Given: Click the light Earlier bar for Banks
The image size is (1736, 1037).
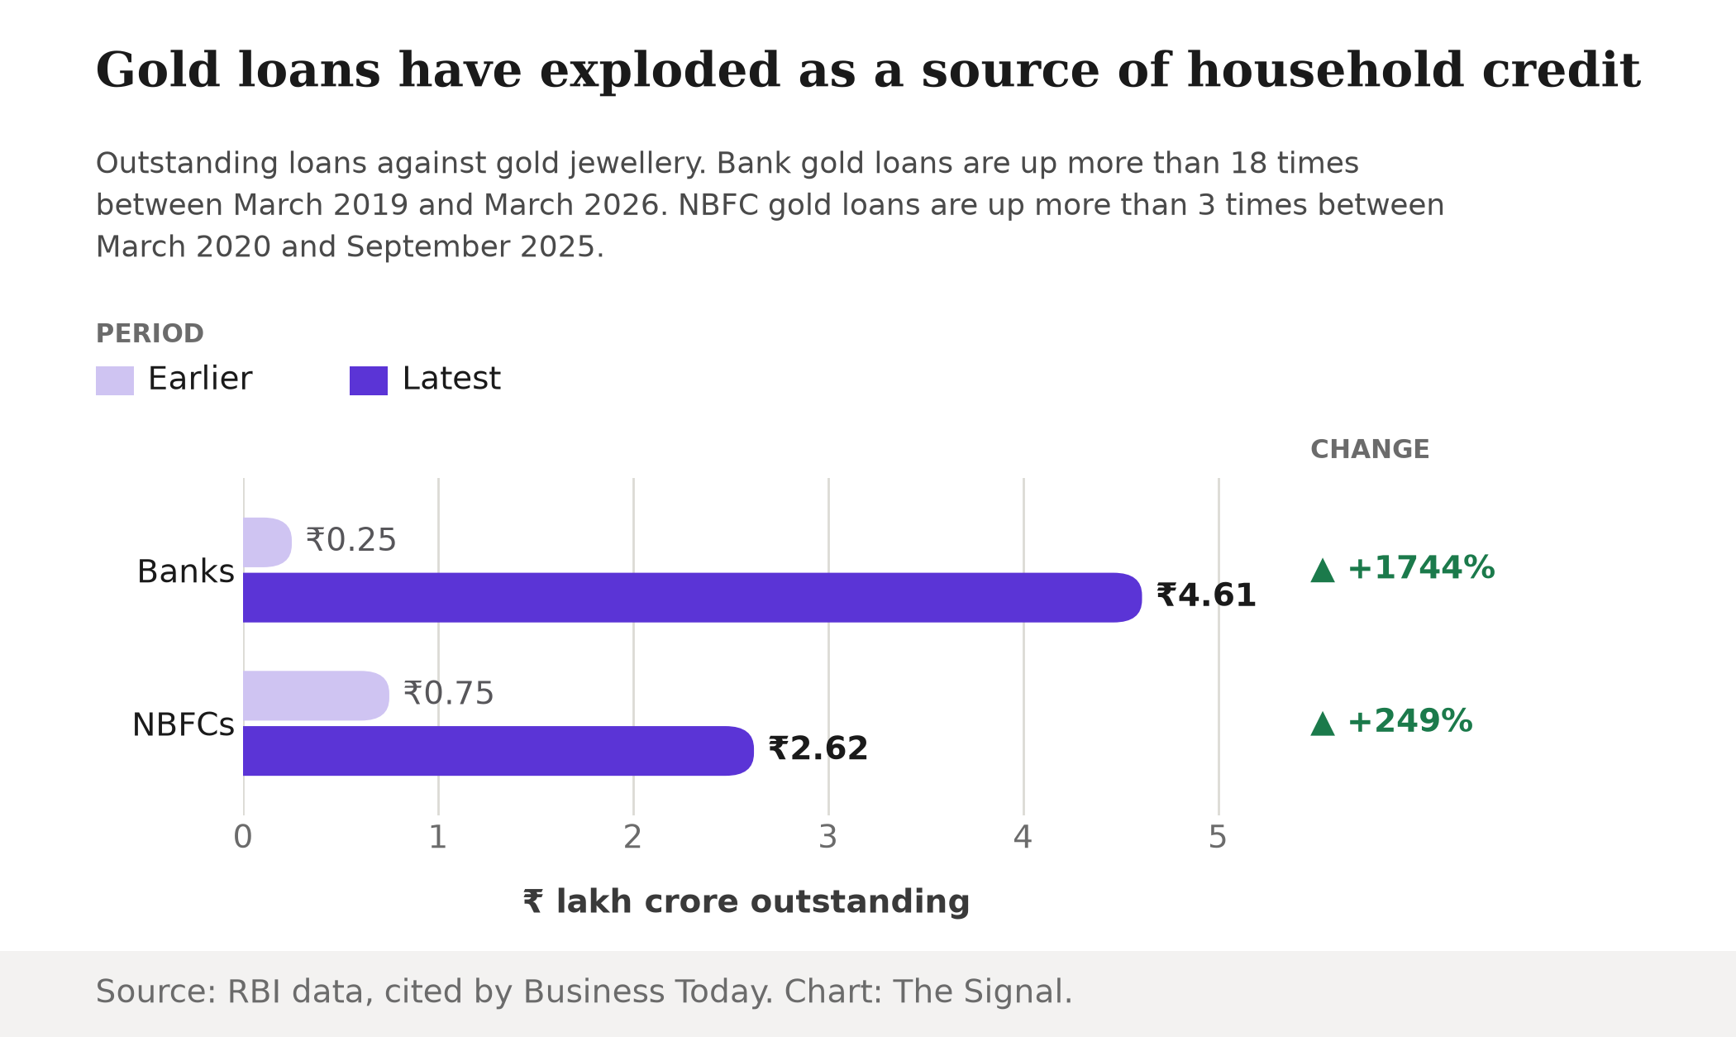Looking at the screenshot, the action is pyautogui.click(x=267, y=542).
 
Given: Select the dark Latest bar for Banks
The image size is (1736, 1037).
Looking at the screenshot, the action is pyautogui.click(x=692, y=597).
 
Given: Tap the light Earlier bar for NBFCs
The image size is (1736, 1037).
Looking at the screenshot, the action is pyautogui.click(x=316, y=695).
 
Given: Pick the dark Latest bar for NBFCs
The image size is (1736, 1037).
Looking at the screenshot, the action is pyautogui.click(x=498, y=751).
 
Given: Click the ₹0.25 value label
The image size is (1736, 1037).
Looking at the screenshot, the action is pyautogui.click(x=351, y=540).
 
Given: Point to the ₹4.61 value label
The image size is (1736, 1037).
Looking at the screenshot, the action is pyautogui.click(x=1206, y=595).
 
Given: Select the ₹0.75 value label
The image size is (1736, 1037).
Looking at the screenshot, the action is pyautogui.click(x=449, y=693).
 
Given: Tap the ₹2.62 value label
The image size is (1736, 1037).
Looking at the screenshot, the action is pyautogui.click(x=818, y=748).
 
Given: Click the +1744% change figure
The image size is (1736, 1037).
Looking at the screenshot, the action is pyautogui.click(x=1421, y=568).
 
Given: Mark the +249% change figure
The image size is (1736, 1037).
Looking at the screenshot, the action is pyautogui.click(x=1410, y=721).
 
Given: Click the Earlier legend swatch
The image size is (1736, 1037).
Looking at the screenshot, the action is pyautogui.click(x=115, y=380).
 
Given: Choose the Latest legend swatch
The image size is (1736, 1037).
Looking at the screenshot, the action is pyautogui.click(x=369, y=380).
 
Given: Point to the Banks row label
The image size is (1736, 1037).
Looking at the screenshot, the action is pyautogui.click(x=186, y=571).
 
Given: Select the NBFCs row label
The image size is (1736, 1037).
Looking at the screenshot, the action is pyautogui.click(x=184, y=725).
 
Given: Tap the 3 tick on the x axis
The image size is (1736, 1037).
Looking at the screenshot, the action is pyautogui.click(x=828, y=838).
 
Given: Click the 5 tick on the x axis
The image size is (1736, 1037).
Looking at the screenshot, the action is pyautogui.click(x=1218, y=838).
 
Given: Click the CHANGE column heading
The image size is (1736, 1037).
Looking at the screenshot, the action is pyautogui.click(x=1370, y=450).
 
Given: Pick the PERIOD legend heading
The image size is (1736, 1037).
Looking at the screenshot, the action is pyautogui.click(x=150, y=334).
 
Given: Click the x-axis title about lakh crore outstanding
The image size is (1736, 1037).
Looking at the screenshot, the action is pyautogui.click(x=746, y=901).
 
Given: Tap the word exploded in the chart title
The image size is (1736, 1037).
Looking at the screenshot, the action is pyautogui.click(x=660, y=70).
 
